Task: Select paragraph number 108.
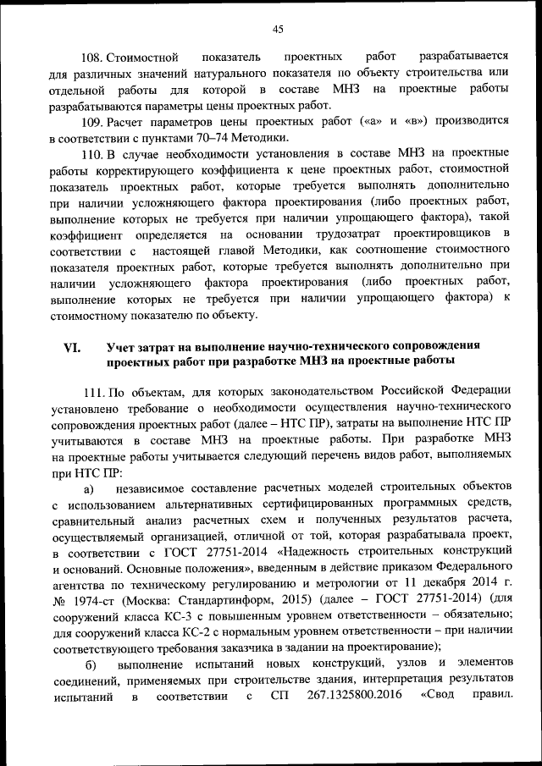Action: click(91, 58)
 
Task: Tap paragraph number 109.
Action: click(91, 121)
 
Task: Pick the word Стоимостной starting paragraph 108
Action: click(143, 58)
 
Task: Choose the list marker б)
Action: click(87, 665)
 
